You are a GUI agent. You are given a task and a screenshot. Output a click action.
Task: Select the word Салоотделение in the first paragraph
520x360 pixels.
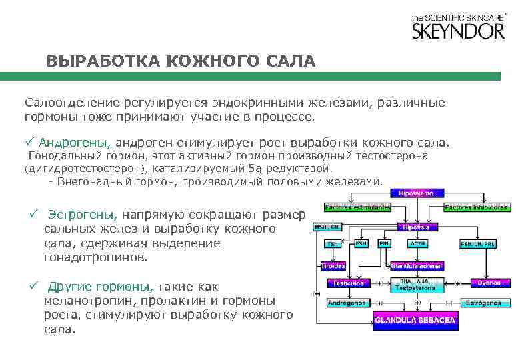point(71,103)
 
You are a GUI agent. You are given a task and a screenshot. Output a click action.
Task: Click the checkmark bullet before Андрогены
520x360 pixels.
point(29,142)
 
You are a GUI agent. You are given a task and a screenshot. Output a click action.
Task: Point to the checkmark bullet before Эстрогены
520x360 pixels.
point(33,213)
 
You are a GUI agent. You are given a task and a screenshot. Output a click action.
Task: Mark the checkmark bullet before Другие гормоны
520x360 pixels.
point(33,287)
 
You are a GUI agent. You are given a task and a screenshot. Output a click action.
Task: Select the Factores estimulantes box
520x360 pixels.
point(358,207)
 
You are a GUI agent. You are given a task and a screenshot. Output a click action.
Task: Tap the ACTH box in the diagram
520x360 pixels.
point(419,244)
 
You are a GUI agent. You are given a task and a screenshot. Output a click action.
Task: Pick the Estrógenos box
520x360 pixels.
point(483,303)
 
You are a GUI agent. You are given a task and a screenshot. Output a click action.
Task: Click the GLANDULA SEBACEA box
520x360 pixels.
point(415,321)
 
